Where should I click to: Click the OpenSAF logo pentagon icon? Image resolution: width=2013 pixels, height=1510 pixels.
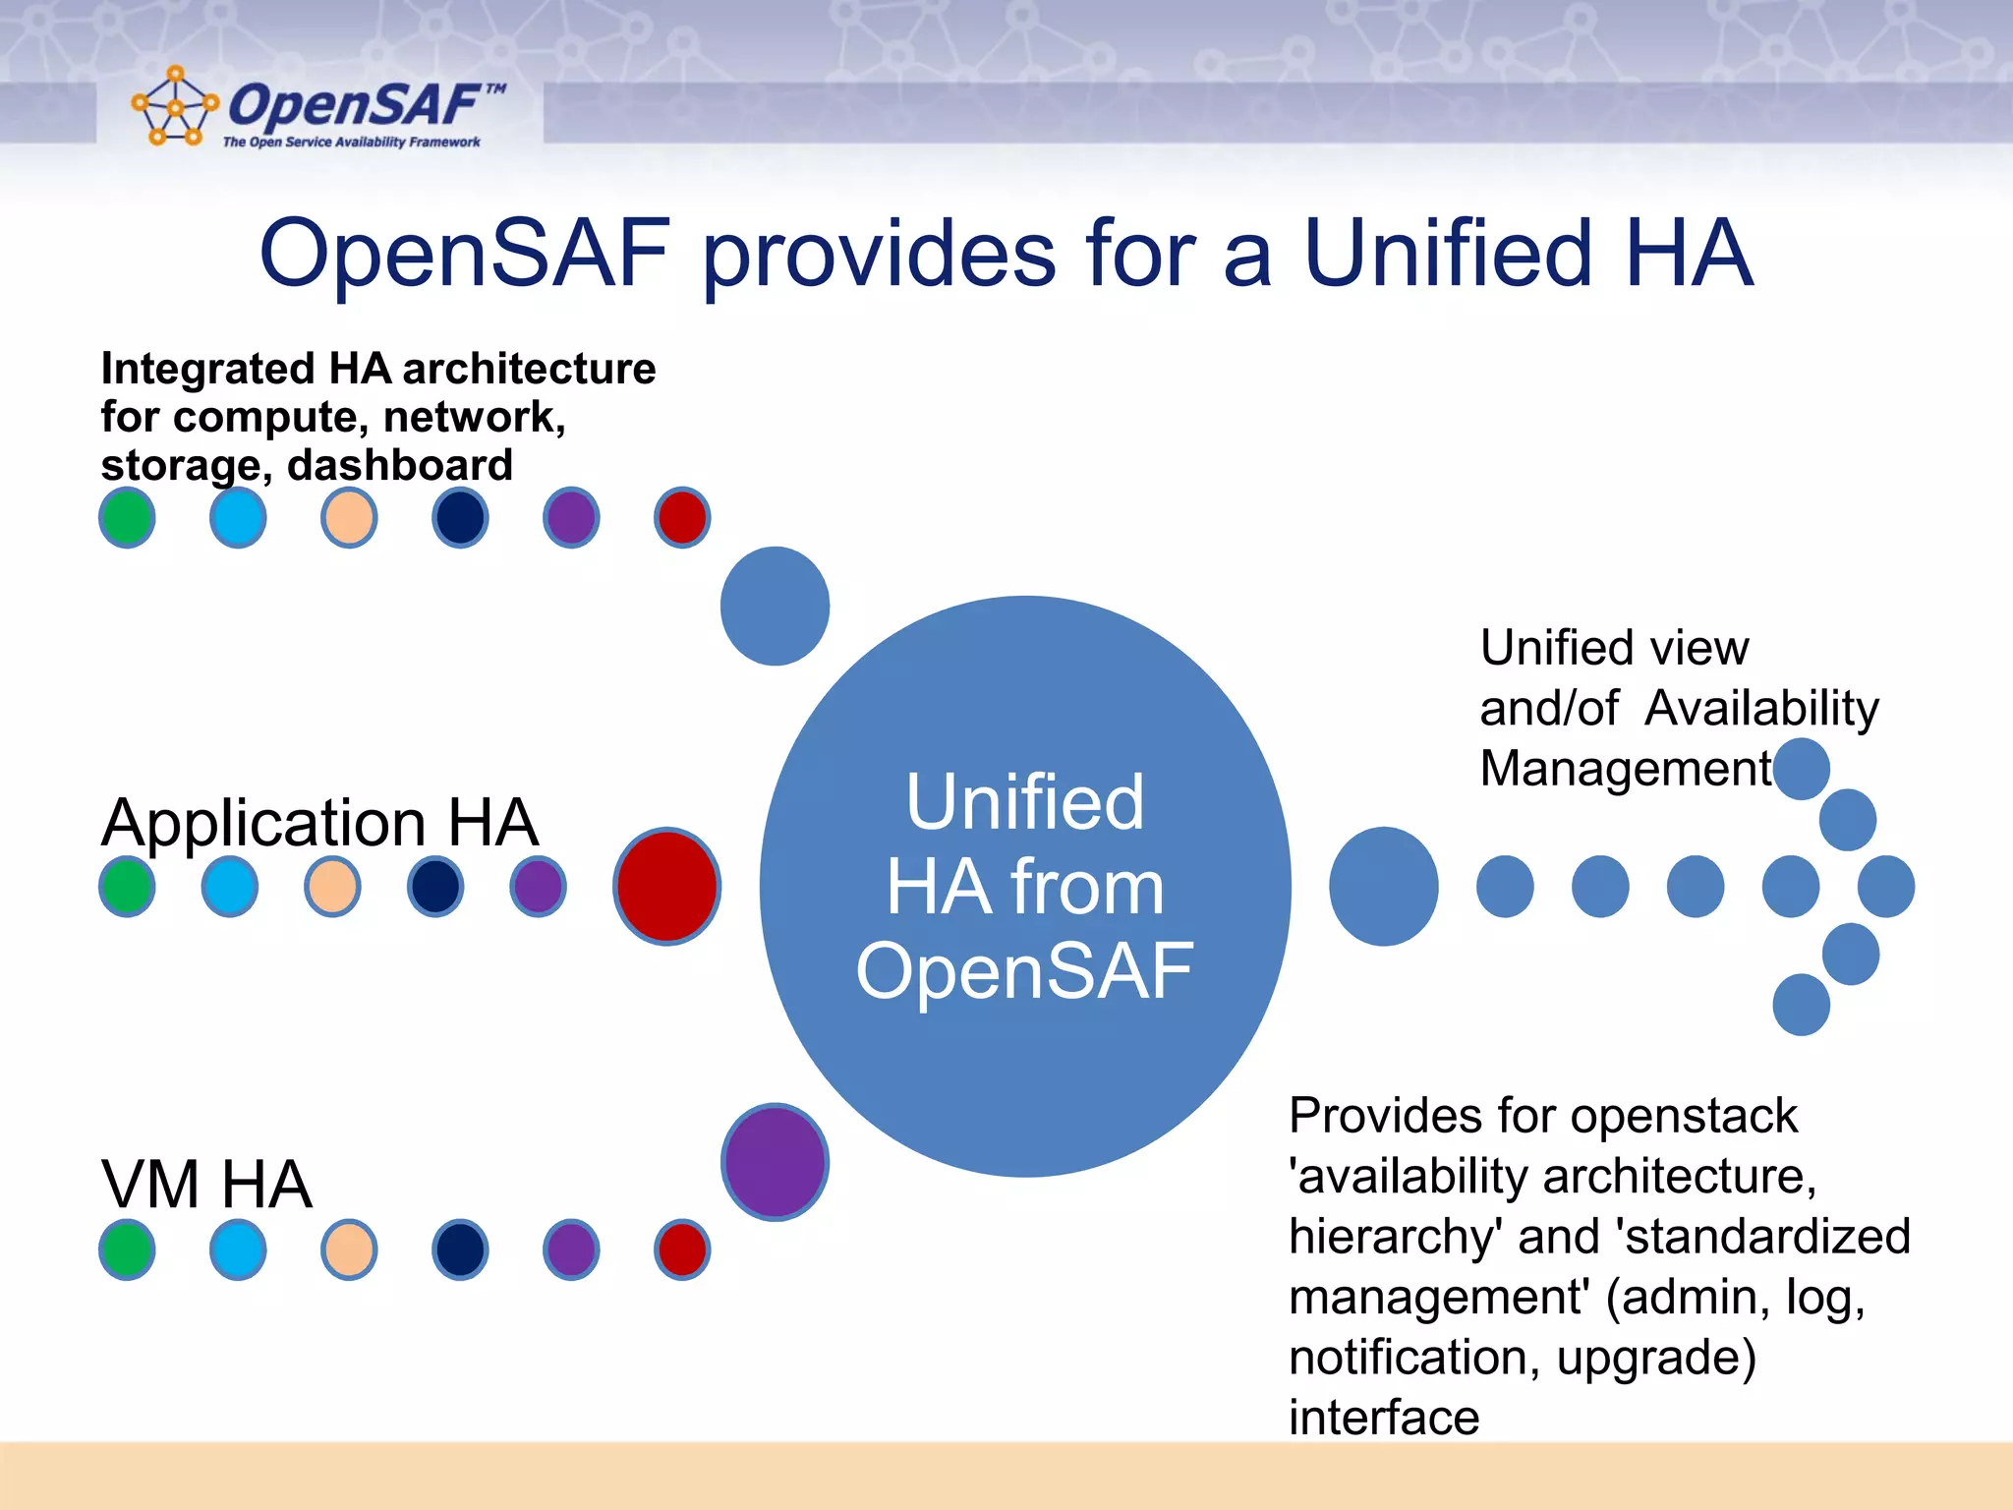point(174,106)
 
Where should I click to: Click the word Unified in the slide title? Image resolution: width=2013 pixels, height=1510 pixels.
point(1447,254)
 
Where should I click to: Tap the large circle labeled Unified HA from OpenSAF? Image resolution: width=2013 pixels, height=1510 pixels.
point(1025,886)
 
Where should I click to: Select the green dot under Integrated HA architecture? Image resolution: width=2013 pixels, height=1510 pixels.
point(127,517)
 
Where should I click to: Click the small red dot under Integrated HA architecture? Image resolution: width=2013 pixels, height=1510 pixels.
point(682,517)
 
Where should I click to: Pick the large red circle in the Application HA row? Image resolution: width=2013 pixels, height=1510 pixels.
point(667,886)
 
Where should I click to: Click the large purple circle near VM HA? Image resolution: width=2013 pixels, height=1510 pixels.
point(776,1161)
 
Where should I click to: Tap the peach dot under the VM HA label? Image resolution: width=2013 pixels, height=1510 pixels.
point(349,1249)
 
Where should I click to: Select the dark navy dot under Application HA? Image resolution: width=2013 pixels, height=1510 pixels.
point(435,886)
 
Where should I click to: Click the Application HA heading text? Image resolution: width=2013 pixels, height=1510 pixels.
point(319,822)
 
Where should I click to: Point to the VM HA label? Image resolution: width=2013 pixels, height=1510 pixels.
point(206,1184)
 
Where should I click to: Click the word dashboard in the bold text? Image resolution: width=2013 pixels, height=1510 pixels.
point(400,465)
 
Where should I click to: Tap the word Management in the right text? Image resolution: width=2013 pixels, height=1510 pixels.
point(1626,769)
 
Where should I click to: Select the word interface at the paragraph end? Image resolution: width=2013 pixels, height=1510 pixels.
point(1384,1417)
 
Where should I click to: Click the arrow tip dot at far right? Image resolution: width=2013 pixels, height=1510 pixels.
point(1885,886)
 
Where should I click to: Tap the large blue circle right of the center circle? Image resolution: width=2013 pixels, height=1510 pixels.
point(1383,886)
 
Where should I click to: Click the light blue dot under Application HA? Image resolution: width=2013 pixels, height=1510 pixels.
point(230,886)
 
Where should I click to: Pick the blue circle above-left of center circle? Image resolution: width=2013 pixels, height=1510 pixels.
point(775,606)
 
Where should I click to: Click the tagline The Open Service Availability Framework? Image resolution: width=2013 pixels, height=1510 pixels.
point(351,143)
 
